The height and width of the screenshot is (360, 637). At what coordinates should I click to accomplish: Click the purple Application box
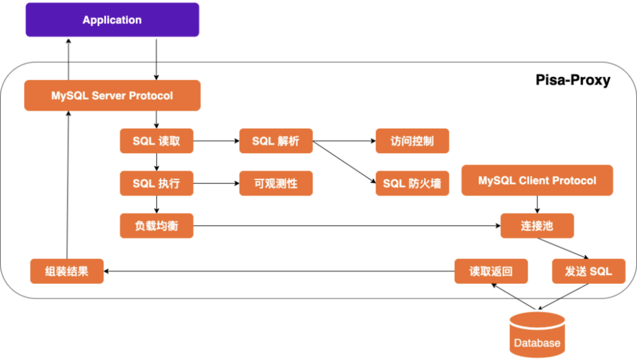pos(112,20)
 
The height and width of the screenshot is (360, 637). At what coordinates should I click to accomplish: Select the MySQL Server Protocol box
pos(112,95)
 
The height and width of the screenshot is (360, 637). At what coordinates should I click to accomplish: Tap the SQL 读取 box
pos(156,141)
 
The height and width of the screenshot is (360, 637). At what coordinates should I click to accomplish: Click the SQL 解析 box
pos(276,141)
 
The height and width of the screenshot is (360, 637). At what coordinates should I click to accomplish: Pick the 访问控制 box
pos(412,141)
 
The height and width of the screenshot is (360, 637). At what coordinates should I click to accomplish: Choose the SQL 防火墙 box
pos(412,184)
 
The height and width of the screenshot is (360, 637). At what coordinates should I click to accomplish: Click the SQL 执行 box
pos(156,184)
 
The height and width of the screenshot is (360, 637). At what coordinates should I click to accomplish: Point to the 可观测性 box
pos(276,184)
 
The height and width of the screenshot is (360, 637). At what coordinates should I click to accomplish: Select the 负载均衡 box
pos(156,226)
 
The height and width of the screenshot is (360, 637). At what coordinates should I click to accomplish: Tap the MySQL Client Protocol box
pos(537,180)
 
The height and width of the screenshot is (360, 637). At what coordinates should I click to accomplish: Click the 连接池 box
pos(537,226)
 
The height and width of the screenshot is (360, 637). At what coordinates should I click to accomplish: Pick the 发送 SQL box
pos(588,271)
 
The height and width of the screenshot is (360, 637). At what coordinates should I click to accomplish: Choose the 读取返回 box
pos(491,271)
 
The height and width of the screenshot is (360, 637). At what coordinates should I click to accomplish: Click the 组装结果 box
pos(67,271)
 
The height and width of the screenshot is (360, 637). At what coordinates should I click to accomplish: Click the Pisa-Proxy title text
pos(573,80)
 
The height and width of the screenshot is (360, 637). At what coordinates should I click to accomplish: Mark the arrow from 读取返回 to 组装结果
pos(279,271)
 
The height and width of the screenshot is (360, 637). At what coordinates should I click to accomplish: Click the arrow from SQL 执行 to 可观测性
pos(216,184)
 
